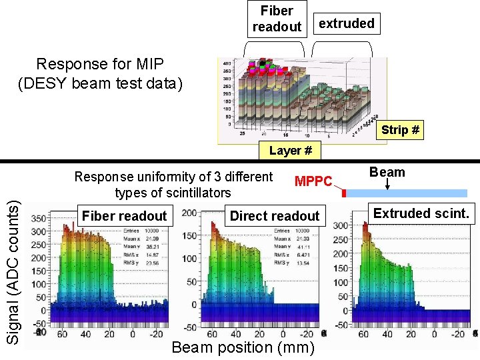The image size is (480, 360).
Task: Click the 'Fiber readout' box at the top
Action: point(277,19)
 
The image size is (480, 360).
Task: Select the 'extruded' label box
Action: point(346,24)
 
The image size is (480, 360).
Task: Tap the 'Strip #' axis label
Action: point(400,130)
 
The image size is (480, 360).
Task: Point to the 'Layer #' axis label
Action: point(290,151)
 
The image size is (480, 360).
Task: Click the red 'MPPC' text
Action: point(313,181)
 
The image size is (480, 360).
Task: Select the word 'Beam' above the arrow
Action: point(387,172)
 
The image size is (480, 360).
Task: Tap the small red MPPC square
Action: point(344,193)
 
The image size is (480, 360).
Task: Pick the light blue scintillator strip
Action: point(407,193)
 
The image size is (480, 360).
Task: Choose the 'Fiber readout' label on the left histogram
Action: point(124,215)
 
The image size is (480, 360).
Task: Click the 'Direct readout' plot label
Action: point(275,215)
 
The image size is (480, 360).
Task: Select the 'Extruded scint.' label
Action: point(421,214)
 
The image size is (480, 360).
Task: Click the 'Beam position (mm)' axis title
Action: point(243,347)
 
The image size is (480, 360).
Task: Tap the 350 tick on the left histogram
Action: point(39,218)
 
